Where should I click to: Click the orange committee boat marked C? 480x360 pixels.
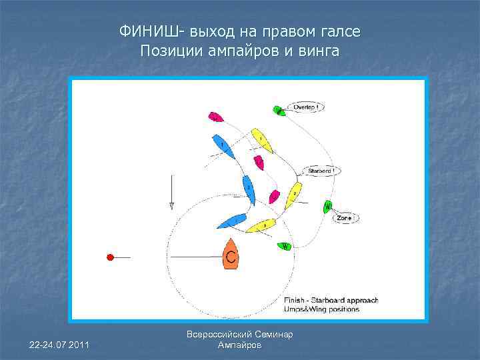pos(231,254)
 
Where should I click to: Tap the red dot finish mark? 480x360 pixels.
pos(111,257)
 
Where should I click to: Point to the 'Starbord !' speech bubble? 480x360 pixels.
pos(321,171)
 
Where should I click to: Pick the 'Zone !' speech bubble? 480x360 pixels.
pos(345,218)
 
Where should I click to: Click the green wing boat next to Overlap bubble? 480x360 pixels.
pos(279,111)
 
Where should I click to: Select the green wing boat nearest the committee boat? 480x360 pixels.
pos(283,246)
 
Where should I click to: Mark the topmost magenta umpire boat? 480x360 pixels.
pos(215,117)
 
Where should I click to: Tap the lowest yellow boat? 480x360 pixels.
pos(261,225)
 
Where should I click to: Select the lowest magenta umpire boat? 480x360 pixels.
pos(274,196)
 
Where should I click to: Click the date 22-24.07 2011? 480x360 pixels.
pos(61,344)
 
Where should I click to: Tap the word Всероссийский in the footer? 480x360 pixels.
pos(225,334)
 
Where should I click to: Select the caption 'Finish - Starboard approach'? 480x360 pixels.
pos(331,301)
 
